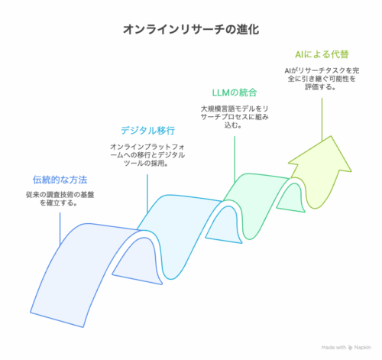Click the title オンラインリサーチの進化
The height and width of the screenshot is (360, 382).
191,29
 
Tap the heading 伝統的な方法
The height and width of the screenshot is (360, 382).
60,180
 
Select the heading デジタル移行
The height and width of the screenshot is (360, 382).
147,131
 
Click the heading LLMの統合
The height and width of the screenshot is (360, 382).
235,92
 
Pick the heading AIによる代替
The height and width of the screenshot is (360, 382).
322,54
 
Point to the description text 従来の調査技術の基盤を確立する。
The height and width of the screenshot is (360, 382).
60,199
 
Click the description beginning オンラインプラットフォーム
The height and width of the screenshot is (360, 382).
147,154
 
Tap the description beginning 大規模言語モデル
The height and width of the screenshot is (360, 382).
235,117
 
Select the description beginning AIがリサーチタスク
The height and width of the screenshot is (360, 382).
322,79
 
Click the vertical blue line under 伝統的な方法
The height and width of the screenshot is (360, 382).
60,229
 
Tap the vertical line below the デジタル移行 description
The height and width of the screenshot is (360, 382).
147,193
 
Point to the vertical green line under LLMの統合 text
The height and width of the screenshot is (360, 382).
235,159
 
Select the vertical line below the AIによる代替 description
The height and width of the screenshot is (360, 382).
322,119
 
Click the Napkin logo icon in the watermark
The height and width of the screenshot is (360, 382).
350,348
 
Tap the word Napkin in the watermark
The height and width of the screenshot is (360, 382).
363,348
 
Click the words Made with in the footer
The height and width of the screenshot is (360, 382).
334,348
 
